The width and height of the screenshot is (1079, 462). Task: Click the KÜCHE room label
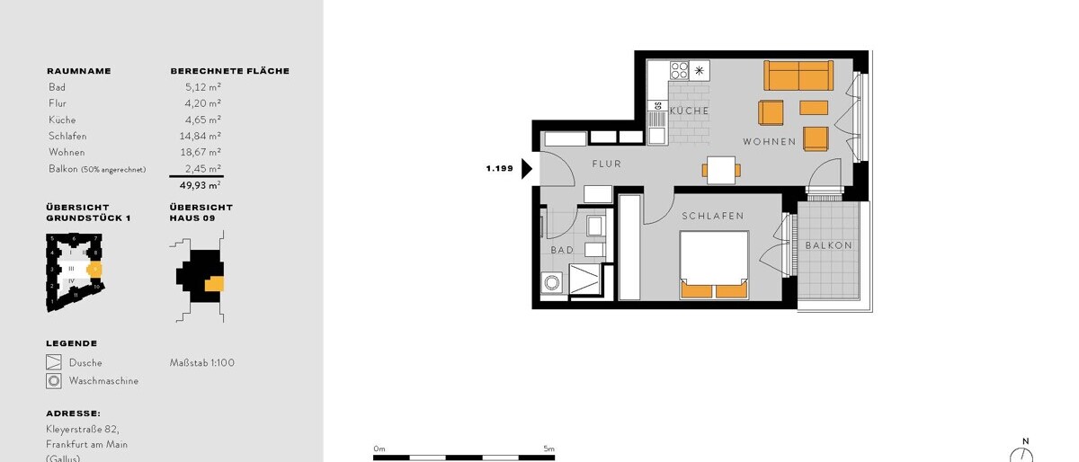tap(689, 111)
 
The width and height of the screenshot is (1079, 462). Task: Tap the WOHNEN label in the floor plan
tap(769, 142)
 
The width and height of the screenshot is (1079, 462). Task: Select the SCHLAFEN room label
tap(712, 216)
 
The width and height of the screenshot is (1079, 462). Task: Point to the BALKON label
tap(828, 245)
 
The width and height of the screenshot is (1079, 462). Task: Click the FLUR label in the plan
tap(606, 164)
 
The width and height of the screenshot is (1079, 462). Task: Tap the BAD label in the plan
tap(562, 251)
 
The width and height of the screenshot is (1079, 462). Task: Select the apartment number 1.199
tap(499, 168)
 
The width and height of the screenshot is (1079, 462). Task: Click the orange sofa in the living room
tap(798, 76)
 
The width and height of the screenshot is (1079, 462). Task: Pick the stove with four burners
tap(679, 70)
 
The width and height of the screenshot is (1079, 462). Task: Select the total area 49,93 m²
tap(201, 185)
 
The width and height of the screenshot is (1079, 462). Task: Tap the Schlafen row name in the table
tap(67, 136)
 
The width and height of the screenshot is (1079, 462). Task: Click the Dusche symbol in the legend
tap(54, 363)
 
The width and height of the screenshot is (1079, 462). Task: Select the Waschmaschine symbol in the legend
tap(54, 381)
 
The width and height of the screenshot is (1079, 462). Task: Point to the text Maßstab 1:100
tap(201, 363)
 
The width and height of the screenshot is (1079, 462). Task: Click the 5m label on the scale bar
tap(548, 449)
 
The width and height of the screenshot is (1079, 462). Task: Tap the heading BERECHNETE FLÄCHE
tap(229, 71)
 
